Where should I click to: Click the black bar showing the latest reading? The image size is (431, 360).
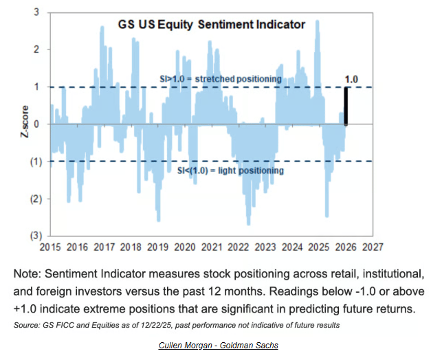(x=346, y=106)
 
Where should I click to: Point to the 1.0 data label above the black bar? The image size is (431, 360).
(x=351, y=80)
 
